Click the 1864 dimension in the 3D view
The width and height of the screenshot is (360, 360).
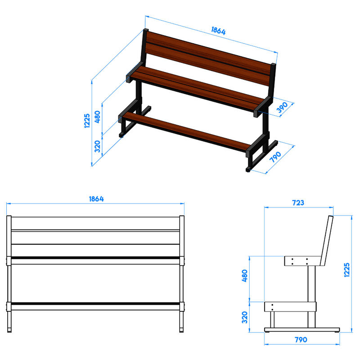[x=218, y=31]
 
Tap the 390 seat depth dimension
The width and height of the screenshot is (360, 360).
[x=282, y=107]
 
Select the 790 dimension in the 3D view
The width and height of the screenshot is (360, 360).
[x=275, y=157]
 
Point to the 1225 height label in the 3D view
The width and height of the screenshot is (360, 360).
[x=87, y=121]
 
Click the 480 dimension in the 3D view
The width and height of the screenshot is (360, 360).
[x=97, y=117]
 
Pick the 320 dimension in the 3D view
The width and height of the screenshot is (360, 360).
[x=97, y=146]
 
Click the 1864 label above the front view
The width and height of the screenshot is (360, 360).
[x=96, y=199]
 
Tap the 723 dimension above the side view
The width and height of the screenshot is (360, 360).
[x=298, y=203]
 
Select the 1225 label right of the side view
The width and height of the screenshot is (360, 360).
[x=347, y=270]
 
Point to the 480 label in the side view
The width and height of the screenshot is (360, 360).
[x=245, y=275]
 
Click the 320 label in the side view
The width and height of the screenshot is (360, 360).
[x=245, y=317]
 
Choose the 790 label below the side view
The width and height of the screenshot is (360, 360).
[x=301, y=340]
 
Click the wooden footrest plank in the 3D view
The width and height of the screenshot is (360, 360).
[x=186, y=132]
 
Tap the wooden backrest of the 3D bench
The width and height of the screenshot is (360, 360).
[x=208, y=58]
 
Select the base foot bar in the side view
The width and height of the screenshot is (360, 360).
[x=302, y=330]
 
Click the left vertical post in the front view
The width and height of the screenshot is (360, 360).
[x=9, y=274]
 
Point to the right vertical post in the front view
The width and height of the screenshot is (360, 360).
[x=182, y=274]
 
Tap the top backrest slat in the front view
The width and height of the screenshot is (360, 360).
[x=95, y=223]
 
